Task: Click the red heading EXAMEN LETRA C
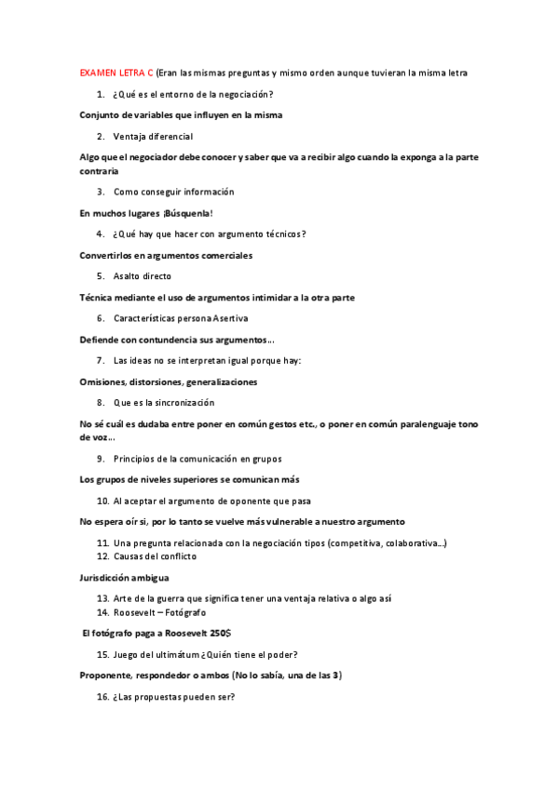pos(116,73)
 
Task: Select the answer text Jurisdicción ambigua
pos(124,578)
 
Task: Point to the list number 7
pos(100,360)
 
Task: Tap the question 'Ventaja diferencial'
pos(153,137)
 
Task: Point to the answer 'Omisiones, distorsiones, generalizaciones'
pos(169,381)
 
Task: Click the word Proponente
pos(109,675)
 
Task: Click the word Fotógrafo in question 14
pos(185,613)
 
